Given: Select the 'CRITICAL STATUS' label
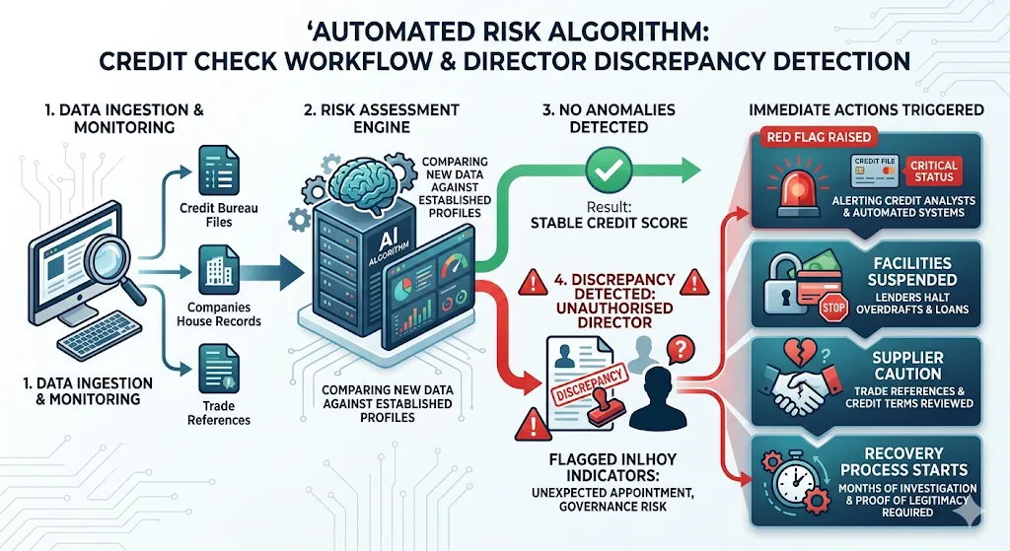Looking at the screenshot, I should pyautogui.click(x=933, y=171).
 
